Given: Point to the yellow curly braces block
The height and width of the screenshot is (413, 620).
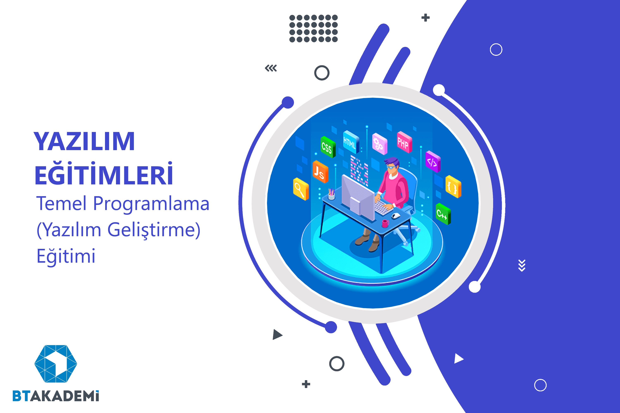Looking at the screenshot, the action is (453, 186).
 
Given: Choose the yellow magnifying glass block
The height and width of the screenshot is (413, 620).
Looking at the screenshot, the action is (300, 189).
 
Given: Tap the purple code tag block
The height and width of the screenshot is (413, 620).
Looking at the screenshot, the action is (433, 161).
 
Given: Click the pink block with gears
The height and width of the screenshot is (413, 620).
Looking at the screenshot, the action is (380, 144).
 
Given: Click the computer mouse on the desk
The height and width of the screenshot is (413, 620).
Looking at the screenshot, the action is (395, 216).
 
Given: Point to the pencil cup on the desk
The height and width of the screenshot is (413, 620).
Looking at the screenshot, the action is (331, 194).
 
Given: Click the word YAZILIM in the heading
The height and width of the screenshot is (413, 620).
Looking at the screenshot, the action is (84, 141).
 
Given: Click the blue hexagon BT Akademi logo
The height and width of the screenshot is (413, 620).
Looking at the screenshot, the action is (56, 363).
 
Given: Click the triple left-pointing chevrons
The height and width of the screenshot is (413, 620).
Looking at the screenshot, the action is (271, 68).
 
